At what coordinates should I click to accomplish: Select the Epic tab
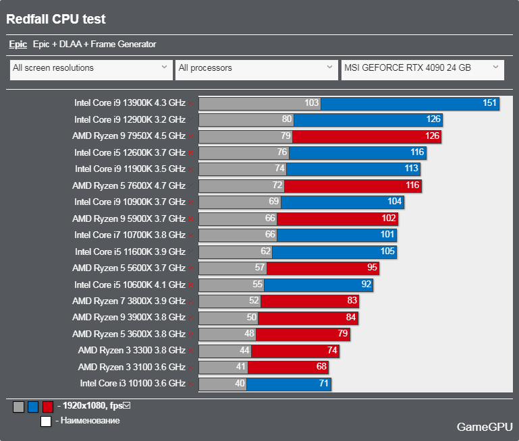coord(18,45)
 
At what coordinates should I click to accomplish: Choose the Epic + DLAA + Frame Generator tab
coord(94,45)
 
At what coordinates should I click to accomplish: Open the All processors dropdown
coord(256,68)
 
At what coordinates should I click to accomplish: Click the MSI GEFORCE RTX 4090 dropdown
coord(422,68)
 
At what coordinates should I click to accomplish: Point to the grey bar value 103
coord(311,103)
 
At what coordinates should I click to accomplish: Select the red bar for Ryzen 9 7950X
coord(358,136)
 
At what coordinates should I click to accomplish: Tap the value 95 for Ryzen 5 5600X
coord(371,268)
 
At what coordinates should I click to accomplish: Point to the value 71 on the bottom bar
coord(324,384)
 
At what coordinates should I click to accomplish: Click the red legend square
coord(47,407)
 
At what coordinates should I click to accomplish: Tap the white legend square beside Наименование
coord(46,421)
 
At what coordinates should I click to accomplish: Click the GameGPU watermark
coord(485,427)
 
